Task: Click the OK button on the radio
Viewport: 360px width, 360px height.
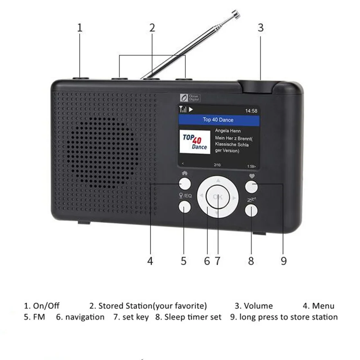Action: [217, 197]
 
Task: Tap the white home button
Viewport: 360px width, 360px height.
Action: [185, 183]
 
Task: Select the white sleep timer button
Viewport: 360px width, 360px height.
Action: [251, 210]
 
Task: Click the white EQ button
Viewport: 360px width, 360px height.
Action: [185, 208]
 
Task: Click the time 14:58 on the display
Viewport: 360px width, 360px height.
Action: [251, 110]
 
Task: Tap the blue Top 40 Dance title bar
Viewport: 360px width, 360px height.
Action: [218, 120]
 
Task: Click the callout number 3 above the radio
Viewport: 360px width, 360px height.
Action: [261, 28]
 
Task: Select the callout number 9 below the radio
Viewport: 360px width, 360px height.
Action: [283, 261]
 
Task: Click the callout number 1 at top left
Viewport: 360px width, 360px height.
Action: [80, 28]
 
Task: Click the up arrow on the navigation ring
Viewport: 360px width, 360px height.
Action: [218, 180]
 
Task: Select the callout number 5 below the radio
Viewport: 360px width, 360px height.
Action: [184, 261]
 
